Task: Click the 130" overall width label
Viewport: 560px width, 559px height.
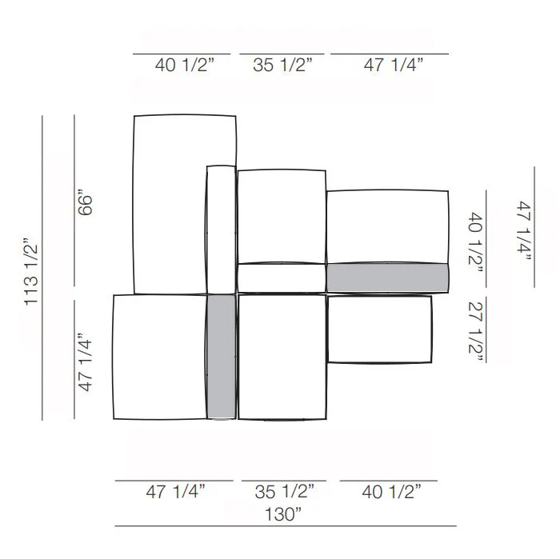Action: pyautogui.click(x=283, y=514)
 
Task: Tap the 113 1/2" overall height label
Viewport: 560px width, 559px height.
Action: pyautogui.click(x=31, y=271)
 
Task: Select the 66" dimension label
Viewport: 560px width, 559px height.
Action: pyautogui.click(x=85, y=206)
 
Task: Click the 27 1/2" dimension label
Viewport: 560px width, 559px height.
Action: pyautogui.click(x=475, y=332)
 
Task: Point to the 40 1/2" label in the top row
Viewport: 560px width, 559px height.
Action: pyautogui.click(x=184, y=65)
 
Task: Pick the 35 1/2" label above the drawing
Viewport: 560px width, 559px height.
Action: pyautogui.click(x=282, y=65)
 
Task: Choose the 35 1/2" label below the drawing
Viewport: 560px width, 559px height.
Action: pyautogui.click(x=284, y=492)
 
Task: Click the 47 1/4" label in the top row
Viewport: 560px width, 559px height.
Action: pyautogui.click(x=394, y=65)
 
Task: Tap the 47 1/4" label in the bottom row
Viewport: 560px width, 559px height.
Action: pyautogui.click(x=175, y=492)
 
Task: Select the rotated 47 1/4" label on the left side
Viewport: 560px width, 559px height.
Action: pyautogui.click(x=85, y=363)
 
